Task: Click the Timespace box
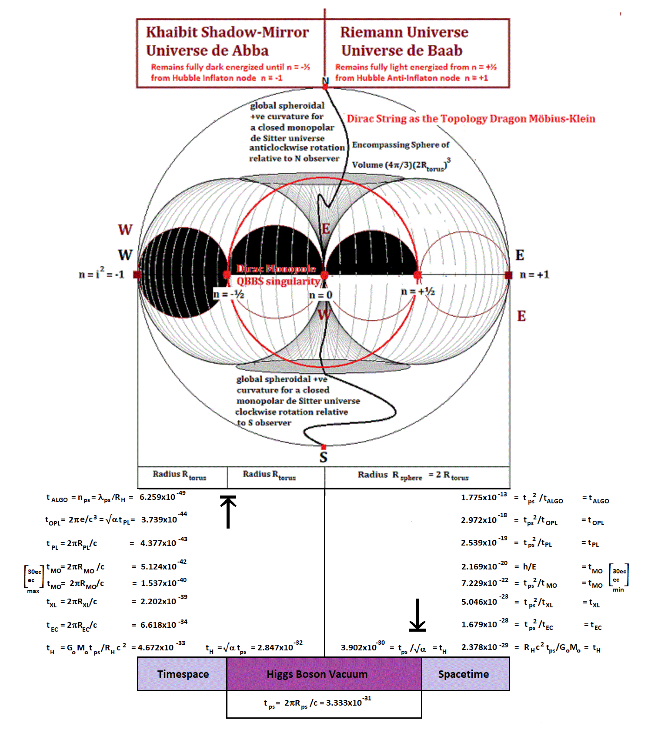click(183, 674)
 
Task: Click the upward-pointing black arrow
click(228, 512)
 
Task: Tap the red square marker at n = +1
click(508, 275)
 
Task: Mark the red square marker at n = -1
click(137, 275)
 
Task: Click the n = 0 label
click(320, 295)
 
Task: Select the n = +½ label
click(417, 291)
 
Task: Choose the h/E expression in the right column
click(529, 566)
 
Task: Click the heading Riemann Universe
click(404, 32)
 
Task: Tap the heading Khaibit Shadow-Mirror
click(227, 32)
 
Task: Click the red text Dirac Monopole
click(276, 269)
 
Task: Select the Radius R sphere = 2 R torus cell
click(413, 475)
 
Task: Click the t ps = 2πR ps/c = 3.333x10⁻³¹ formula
click(317, 703)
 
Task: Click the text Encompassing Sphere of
click(401, 145)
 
